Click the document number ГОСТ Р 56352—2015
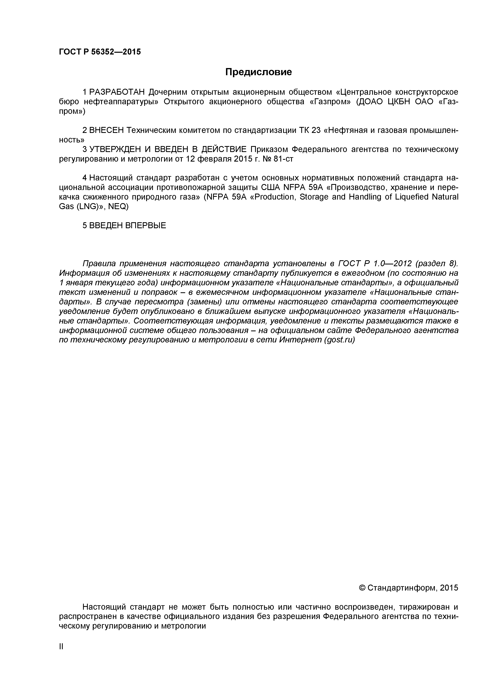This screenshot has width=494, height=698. (x=100, y=52)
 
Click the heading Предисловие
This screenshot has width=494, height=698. (x=258, y=72)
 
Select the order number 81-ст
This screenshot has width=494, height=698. (x=284, y=159)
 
